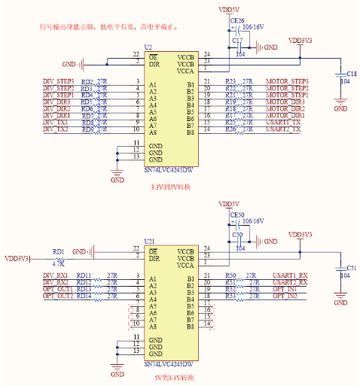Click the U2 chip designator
point(148,47)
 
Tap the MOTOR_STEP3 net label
point(287,81)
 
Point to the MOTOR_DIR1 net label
point(285,116)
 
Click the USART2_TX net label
point(284,129)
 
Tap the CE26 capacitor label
point(236,20)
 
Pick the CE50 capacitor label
point(236,214)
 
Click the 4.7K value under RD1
point(58,265)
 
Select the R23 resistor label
point(230,81)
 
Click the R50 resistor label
point(230,275)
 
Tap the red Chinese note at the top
point(108,26)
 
